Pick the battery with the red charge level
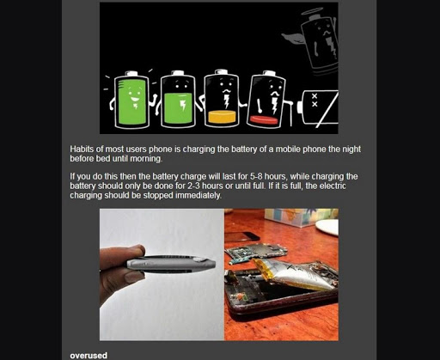click(x=263, y=101)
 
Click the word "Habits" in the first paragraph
click(x=84, y=149)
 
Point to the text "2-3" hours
click(x=199, y=186)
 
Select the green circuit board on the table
click(x=254, y=252)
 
